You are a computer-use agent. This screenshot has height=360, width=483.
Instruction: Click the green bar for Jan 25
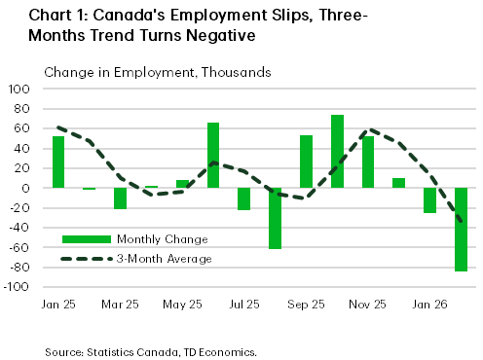(x=57, y=162)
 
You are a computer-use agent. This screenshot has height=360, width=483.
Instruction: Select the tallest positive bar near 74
(x=337, y=151)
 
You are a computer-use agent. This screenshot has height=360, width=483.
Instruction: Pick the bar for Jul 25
(x=244, y=198)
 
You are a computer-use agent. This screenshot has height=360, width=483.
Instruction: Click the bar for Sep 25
(x=306, y=162)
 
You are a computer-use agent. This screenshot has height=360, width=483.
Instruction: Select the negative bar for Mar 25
(x=120, y=198)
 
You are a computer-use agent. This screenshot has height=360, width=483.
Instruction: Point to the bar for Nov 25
(x=367, y=162)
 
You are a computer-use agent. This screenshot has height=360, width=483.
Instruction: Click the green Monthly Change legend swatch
(x=86, y=239)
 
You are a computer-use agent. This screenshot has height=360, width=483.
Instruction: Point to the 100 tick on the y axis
(x=22, y=89)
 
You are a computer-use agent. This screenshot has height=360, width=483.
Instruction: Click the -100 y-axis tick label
(x=20, y=288)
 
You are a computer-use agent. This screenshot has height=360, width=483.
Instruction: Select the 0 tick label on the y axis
(x=29, y=189)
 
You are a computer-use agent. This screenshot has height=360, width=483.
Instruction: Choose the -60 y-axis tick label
(x=22, y=248)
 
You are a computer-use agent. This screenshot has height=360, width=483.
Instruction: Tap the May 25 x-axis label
(x=182, y=305)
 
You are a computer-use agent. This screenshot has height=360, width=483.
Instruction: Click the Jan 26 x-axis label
(x=430, y=305)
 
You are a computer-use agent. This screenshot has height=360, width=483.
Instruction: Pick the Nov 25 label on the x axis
(x=368, y=305)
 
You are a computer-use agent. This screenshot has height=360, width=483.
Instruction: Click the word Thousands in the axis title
(x=236, y=72)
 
